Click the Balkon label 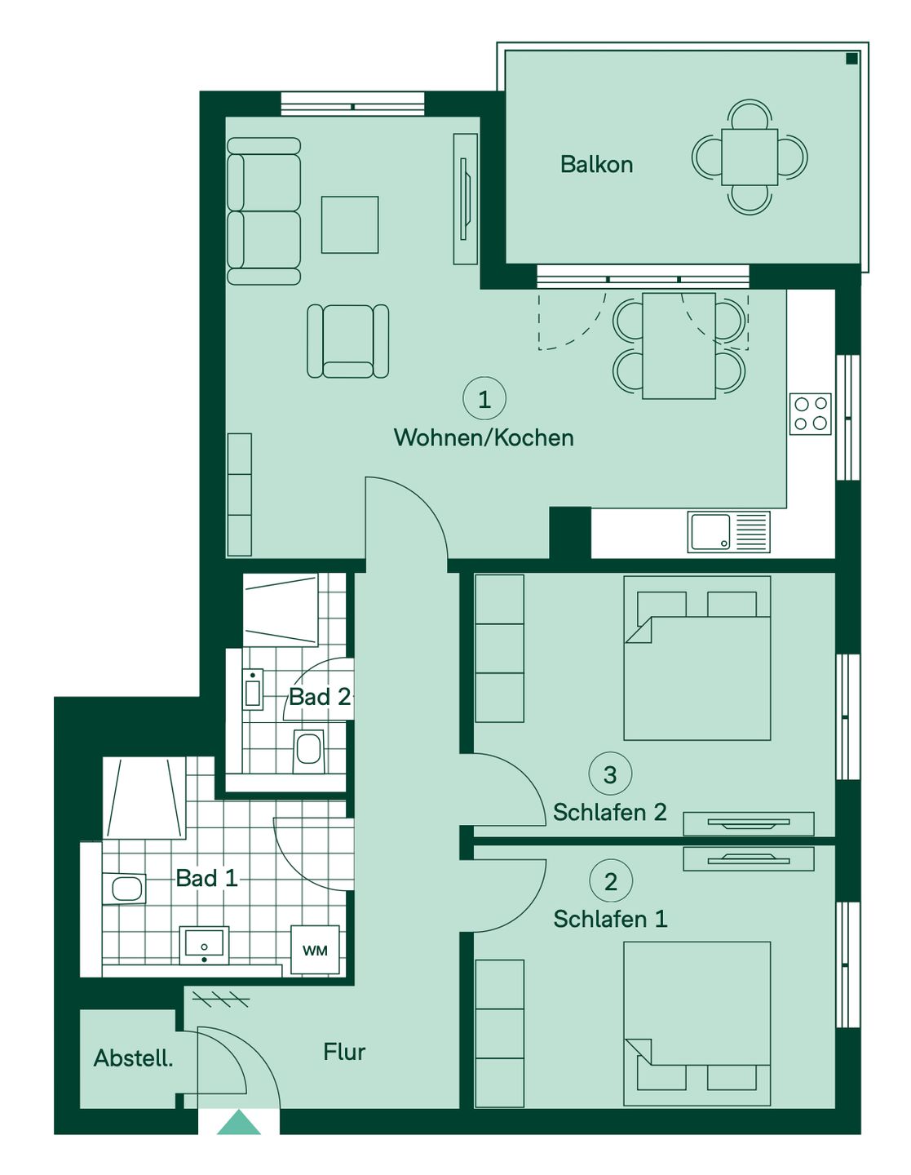coord(596,164)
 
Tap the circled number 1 coord(484,398)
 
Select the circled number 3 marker coord(610,774)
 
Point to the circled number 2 coord(611,881)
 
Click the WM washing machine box coord(315,950)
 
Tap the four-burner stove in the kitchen coord(810,414)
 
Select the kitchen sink coord(729,532)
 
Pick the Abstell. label coord(134,1058)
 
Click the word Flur coord(344,1052)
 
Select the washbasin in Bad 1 coord(204,945)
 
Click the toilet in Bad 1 coord(124,888)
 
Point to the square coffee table coord(350,224)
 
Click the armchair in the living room coord(348,340)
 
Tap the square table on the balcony coord(750,157)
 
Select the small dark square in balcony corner coord(851,59)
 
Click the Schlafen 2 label coord(609,812)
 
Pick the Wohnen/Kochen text coord(484,437)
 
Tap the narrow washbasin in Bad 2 coord(253,689)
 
